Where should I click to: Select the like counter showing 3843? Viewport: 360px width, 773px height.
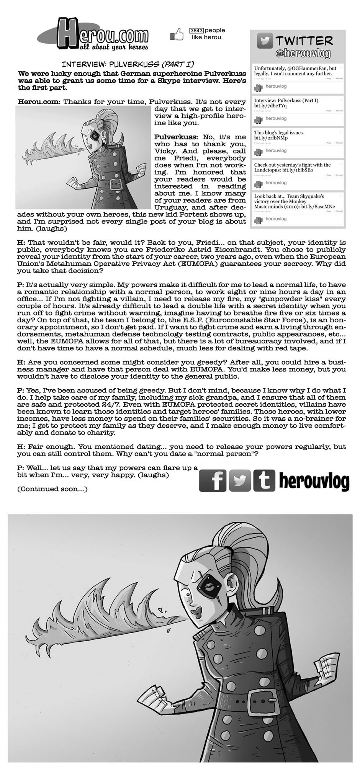pos(196,30)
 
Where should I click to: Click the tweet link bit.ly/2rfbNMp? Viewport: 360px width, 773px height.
pos(268,138)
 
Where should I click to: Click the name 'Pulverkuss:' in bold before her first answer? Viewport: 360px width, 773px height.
pos(176,137)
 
